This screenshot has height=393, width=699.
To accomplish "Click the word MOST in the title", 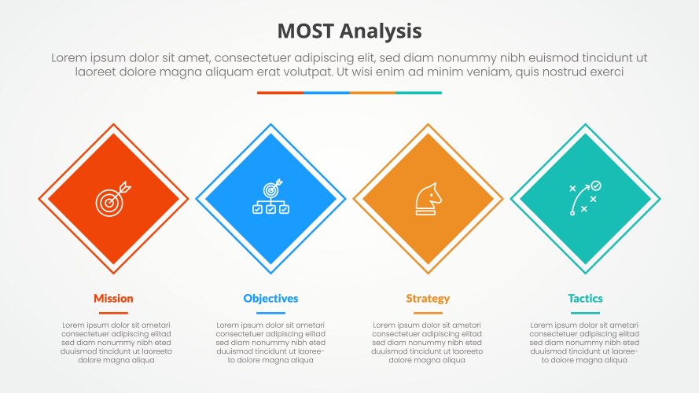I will pyautogui.click(x=306, y=31).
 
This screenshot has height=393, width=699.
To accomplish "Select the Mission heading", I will pyautogui.click(x=113, y=299).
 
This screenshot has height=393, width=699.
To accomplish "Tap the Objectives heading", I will pyautogui.click(x=270, y=299).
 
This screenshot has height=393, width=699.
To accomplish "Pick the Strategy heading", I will pyautogui.click(x=428, y=299).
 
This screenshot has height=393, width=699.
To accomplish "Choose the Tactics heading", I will pyautogui.click(x=585, y=299).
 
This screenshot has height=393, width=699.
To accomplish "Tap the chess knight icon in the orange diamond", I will pyautogui.click(x=428, y=200).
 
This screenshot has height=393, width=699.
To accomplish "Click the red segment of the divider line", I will pyautogui.click(x=280, y=93).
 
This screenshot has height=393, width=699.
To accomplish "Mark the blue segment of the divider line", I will pyautogui.click(x=326, y=93).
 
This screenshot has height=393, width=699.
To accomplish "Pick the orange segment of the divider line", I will pyautogui.click(x=372, y=93).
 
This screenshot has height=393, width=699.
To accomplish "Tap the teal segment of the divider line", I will pyautogui.click(x=418, y=93).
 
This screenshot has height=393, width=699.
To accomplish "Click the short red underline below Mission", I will pyautogui.click(x=113, y=313).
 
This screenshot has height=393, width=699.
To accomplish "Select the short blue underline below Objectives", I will pyautogui.click(x=270, y=313).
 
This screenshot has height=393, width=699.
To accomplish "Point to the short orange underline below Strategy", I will pyautogui.click(x=428, y=313).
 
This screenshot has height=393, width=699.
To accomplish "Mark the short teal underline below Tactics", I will pyautogui.click(x=585, y=313).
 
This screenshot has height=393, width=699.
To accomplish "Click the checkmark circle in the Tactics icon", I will pyautogui.click(x=596, y=185).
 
